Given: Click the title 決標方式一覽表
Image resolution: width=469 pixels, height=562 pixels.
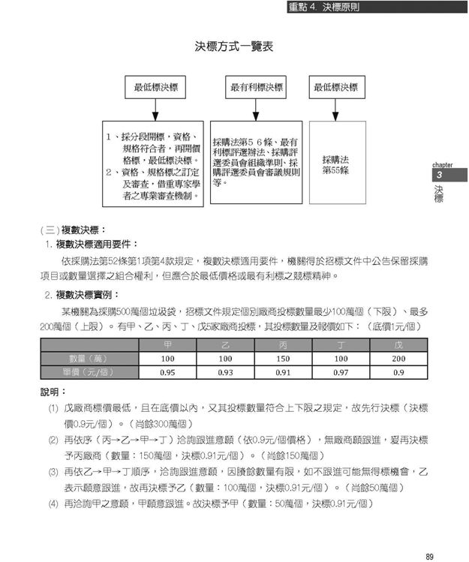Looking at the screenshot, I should point(233,47).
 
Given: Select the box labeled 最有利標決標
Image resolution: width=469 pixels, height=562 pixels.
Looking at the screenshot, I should point(257,88).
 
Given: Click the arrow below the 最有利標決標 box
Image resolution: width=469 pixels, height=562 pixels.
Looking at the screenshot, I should point(257,111).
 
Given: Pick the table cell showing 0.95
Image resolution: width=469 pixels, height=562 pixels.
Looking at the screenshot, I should point(168,372).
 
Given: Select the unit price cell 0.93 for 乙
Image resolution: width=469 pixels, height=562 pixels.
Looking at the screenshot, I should point(225,372).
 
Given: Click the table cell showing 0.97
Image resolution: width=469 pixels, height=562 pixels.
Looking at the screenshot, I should point(341,372).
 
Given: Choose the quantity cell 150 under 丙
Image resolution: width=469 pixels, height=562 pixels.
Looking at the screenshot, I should point(283,359).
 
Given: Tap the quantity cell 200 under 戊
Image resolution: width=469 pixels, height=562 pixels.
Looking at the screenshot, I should point(398,359).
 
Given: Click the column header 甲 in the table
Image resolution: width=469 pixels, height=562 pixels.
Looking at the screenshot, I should point(168,345).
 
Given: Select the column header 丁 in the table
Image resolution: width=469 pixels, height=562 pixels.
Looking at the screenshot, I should point(341,345).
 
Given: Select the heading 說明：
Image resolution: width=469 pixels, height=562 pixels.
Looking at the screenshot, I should point(54,392).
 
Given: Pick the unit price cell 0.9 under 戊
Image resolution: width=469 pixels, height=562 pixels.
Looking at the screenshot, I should point(398,372).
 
